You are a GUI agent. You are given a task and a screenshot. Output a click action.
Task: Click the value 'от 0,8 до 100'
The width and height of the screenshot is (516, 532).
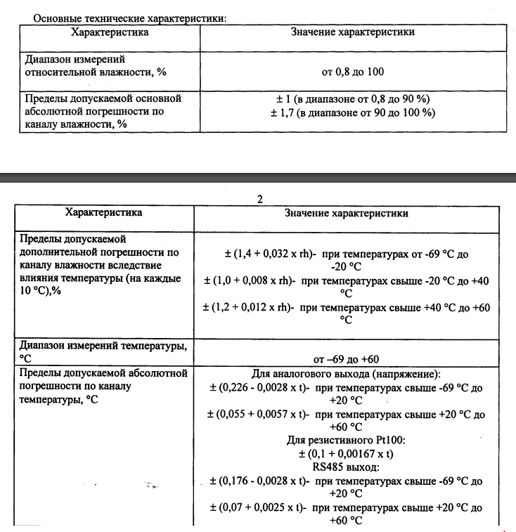click(x=352, y=72)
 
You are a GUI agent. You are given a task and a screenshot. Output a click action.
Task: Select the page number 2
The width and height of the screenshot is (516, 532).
click(x=259, y=199)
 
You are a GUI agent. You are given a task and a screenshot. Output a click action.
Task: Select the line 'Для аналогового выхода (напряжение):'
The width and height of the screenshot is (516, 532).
click(x=345, y=375)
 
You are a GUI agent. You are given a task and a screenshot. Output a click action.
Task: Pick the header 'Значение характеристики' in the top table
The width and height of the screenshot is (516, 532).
click(x=352, y=32)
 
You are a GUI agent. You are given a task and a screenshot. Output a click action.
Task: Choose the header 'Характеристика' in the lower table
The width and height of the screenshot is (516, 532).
click(x=103, y=212)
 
